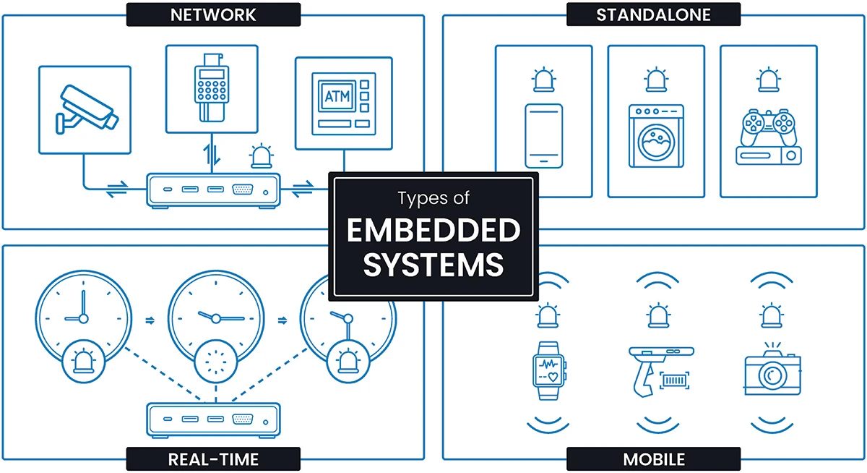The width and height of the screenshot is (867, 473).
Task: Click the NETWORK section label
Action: click(x=213, y=14)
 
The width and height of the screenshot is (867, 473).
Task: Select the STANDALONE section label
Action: click(x=653, y=14)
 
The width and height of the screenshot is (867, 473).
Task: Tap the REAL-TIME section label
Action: click(x=213, y=459)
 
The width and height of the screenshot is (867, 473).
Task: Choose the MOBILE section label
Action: click(x=653, y=459)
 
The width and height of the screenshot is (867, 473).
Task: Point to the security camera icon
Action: click(x=85, y=109)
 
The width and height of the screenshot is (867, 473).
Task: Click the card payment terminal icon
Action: click(x=211, y=88)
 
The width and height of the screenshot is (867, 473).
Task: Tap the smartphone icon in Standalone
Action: click(x=543, y=135)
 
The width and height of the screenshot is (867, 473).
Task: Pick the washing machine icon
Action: click(x=656, y=135)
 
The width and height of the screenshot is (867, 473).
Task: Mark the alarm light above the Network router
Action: click(x=260, y=156)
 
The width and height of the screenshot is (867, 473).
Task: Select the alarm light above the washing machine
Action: click(x=656, y=80)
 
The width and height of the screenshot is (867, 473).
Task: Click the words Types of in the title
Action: click(x=433, y=197)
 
